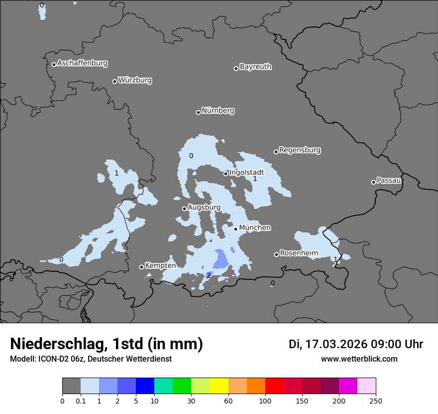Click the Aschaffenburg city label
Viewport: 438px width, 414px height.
pyautogui.click(x=82, y=63)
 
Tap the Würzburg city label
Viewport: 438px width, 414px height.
pyautogui.click(x=135, y=80)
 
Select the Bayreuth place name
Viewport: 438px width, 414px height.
pyautogui.click(x=255, y=67)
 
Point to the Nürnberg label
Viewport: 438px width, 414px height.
pyautogui.click(x=218, y=111)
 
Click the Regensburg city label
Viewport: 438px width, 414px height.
pyautogui.click(x=300, y=150)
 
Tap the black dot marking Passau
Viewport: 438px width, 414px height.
pyautogui.click(x=373, y=182)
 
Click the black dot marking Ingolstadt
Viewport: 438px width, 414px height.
pyautogui.click(x=225, y=174)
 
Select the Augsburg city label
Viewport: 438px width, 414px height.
pyautogui.click(x=204, y=207)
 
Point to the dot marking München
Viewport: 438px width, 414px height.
pyautogui.click(x=235, y=229)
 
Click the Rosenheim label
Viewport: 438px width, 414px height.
pyautogui.click(x=299, y=253)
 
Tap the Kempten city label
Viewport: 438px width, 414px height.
pyautogui.click(x=160, y=266)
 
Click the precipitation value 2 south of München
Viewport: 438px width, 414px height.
pyautogui.click(x=209, y=276)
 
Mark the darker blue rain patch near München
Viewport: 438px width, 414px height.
pyautogui.click(x=220, y=259)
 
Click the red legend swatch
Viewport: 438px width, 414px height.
pyautogui.click(x=274, y=386)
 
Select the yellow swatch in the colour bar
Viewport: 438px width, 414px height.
pyautogui.click(x=219, y=386)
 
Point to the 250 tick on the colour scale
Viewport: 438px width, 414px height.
pyautogui.click(x=375, y=401)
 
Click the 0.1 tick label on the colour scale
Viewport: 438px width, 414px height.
pyautogui.click(x=81, y=401)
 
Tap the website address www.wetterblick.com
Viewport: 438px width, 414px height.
pyautogui.click(x=359, y=359)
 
